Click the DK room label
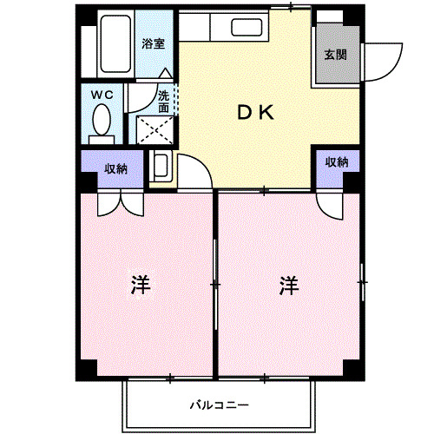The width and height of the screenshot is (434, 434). (256, 112)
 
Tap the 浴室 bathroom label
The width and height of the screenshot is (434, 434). (155, 43)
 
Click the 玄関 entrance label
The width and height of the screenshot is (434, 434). (336, 56)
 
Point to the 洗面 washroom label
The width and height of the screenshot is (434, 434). (164, 102)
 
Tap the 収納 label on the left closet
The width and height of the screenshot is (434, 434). (115, 169)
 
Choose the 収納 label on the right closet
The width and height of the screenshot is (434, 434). (337, 162)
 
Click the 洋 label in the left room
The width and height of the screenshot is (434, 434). (139, 285)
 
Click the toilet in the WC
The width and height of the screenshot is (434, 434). (102, 119)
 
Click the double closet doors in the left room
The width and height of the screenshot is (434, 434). (119, 202)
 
